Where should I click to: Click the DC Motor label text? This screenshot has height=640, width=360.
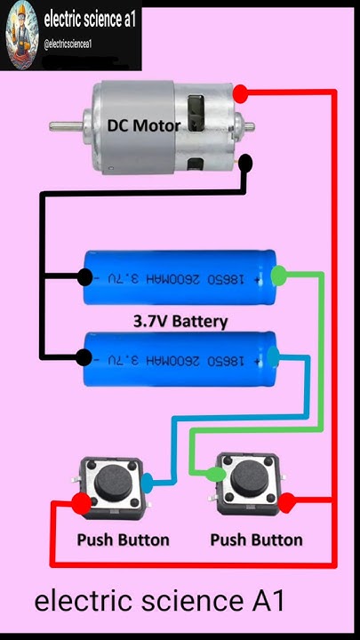point(143,125)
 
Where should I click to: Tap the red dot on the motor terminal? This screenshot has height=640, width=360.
point(240,93)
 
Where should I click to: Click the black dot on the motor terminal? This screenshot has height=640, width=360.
point(244,164)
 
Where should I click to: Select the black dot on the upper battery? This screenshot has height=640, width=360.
point(84,276)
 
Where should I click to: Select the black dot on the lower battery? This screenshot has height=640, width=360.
point(84,358)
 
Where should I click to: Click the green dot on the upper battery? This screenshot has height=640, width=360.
point(278,275)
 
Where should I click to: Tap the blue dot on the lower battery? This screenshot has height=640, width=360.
point(276,357)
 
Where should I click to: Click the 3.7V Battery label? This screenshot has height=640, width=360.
point(180,320)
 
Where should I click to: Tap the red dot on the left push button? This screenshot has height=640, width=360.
point(81,504)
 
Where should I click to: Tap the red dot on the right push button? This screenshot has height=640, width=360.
point(286,504)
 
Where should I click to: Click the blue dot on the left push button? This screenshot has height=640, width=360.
point(148,483)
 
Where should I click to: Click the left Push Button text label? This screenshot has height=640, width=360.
point(123,540)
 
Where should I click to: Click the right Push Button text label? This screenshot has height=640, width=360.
point(256,540)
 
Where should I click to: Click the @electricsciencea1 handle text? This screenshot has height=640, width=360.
point(68,44)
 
